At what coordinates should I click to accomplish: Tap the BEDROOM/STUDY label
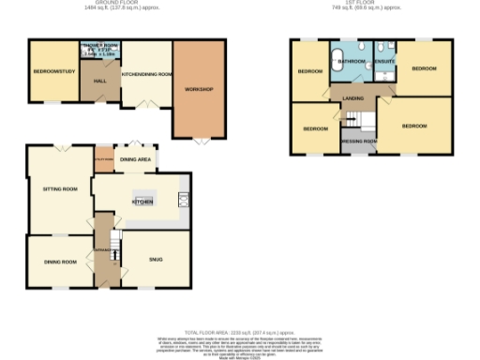[53, 72]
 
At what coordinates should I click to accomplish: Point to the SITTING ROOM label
[59, 188]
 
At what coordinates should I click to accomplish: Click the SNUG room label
[156, 260]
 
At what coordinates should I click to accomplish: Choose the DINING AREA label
[136, 160]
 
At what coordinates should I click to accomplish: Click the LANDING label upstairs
[352, 98]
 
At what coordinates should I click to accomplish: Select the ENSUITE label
[384, 62]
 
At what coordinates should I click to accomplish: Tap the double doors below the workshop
[201, 141]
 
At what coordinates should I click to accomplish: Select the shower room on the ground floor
[101, 50]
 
